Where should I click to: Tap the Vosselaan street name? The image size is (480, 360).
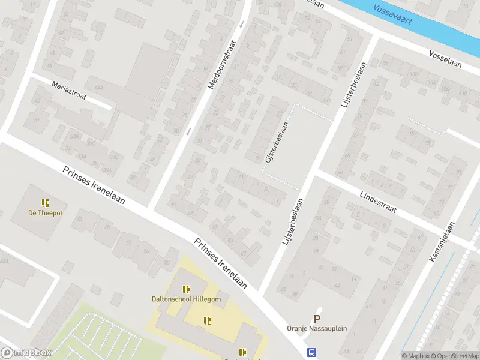tap(445, 58)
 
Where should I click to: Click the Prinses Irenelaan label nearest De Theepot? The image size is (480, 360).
tap(94, 185)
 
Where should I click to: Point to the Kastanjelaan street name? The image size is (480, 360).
tap(443, 241)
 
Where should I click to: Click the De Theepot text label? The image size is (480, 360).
tap(46, 212)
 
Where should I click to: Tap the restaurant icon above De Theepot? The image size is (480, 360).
tap(44, 202)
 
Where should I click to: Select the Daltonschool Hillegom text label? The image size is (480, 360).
tap(186, 299)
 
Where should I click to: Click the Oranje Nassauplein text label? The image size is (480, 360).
tap(317, 329)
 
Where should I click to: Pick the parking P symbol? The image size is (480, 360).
tap(317, 319)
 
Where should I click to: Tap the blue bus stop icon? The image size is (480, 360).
tap(311, 352)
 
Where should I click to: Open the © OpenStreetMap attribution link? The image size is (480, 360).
tap(455, 356)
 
